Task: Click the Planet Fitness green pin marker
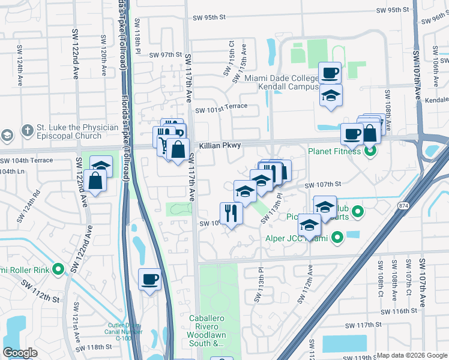pyautogui.click(x=370, y=151)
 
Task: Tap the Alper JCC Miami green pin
pyautogui.click(x=336, y=238)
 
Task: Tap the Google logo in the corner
pyautogui.click(x=20, y=353)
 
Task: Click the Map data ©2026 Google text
pyautogui.click(x=412, y=355)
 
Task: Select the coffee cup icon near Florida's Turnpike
pyautogui.click(x=149, y=279)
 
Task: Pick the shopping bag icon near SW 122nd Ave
pyautogui.click(x=95, y=179)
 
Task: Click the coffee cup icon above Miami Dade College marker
pyautogui.click(x=330, y=73)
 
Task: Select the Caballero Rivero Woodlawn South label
pyautogui.click(x=206, y=331)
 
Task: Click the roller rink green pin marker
pyautogui.click(x=58, y=269)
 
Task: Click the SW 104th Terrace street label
pyautogui.click(x=26, y=161)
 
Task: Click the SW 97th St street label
pyautogui.click(x=165, y=54)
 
